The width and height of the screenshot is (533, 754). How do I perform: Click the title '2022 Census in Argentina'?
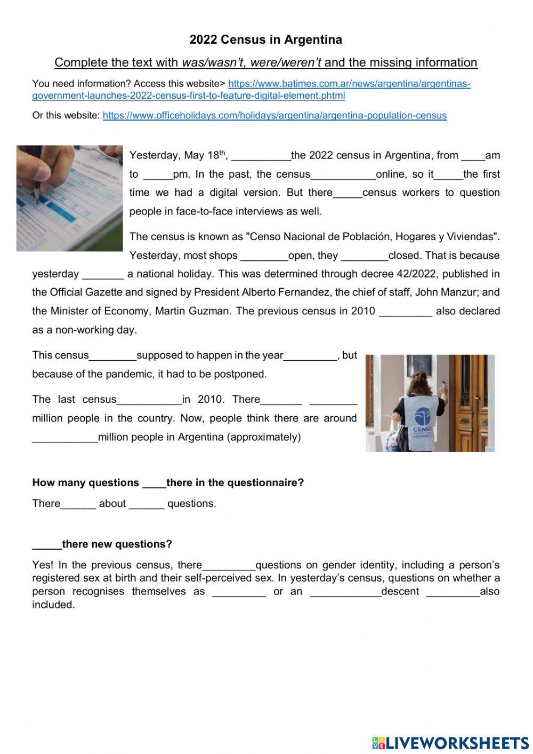tap(265, 39)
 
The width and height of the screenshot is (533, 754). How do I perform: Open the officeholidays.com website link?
tap(274, 115)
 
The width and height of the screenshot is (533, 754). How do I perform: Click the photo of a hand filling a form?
tap(69, 198)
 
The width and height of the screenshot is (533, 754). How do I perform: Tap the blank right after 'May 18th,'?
tap(261, 156)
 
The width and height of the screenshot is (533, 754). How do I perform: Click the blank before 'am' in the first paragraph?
tap(473, 156)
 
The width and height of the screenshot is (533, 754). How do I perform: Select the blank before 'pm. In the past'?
tap(158, 174)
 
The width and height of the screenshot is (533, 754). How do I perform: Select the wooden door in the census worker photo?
tap(469, 400)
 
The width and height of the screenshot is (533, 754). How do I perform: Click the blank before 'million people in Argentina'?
tap(64, 438)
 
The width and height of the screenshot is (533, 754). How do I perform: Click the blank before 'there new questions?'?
tap(47, 545)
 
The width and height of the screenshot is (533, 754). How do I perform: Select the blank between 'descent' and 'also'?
tap(453, 592)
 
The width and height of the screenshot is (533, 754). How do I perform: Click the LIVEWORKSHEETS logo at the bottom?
tap(450, 743)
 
